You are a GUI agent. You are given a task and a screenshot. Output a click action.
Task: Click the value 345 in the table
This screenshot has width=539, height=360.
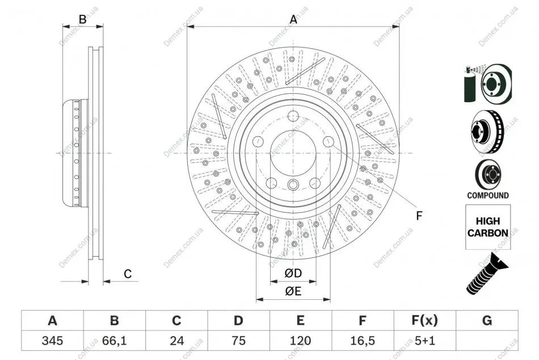coord(52,341)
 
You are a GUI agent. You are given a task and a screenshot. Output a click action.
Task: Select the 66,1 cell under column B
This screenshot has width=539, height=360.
coord(115,341)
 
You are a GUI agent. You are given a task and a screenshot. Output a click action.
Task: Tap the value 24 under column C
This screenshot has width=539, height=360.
coord(176,341)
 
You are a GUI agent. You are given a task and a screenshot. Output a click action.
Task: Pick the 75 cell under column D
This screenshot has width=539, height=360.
coord(238,341)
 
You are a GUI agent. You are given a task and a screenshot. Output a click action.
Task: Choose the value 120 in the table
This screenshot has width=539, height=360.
coord(301,341)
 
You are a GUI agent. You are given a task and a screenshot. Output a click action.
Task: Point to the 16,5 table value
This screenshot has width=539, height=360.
coord(363,341)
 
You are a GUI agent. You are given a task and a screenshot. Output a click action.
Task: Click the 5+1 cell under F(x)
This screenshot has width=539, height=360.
coord(425,341)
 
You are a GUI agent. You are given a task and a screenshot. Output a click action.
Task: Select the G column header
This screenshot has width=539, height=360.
coord(487,321)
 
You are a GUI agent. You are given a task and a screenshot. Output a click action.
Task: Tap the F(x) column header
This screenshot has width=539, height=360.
coord(425,321)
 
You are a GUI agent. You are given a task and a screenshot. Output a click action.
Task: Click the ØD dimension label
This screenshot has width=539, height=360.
coord(293,273)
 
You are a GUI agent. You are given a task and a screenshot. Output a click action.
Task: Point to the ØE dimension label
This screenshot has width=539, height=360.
coord(293,291)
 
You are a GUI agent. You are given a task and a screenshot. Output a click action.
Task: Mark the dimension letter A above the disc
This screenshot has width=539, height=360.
coord(293,19)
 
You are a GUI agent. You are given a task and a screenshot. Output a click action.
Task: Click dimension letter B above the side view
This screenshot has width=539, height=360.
coord(82,19)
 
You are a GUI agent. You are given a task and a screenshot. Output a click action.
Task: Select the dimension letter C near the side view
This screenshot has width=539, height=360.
coord(128,274)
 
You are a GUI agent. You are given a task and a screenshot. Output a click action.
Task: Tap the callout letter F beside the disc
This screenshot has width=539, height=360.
coord(419,216)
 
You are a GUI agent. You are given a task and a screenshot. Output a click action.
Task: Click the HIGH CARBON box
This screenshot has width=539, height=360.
coord(488,227)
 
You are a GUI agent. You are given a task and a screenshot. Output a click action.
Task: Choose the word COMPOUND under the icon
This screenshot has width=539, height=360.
coord(488,195)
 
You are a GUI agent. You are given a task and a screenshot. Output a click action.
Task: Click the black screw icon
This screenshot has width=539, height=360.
coord(487,274)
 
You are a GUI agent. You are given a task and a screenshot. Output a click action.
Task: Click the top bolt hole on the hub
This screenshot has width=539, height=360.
coord(293,115)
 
